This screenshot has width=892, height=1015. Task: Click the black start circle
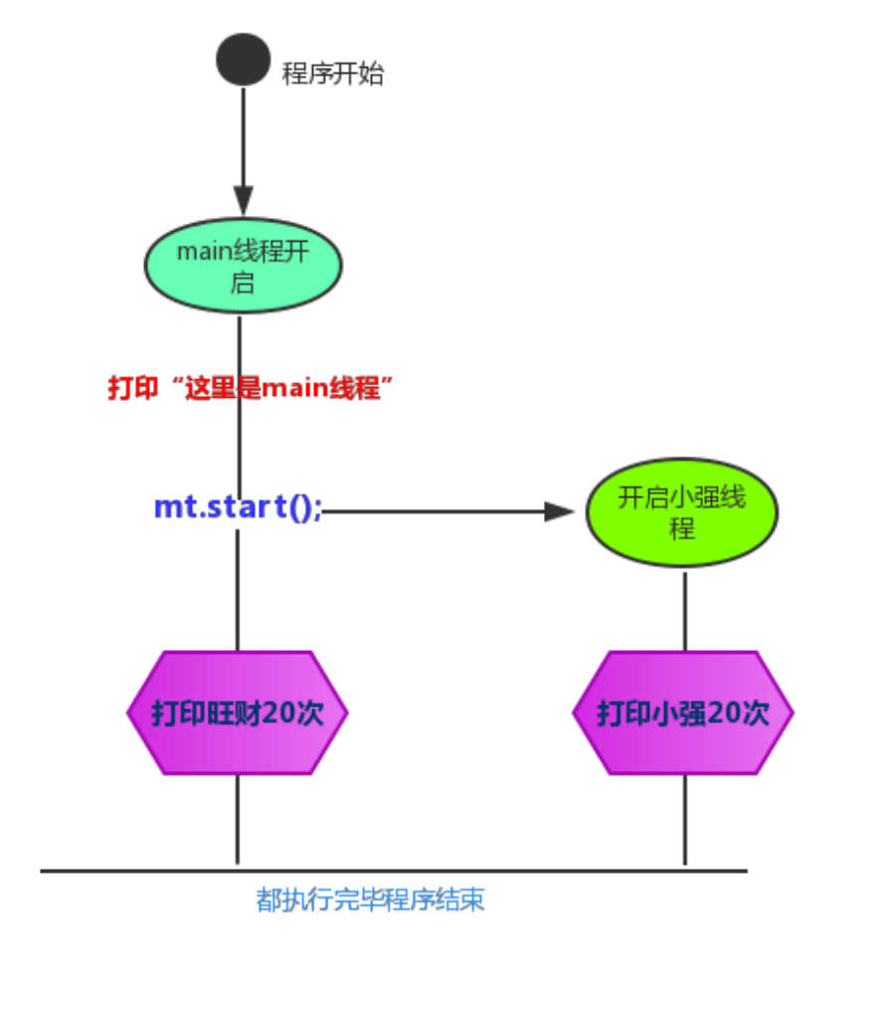[x=243, y=60]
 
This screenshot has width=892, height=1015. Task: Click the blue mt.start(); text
[x=238, y=507]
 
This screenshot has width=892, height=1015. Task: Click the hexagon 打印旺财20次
[x=237, y=712]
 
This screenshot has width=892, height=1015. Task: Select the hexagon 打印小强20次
[x=682, y=712]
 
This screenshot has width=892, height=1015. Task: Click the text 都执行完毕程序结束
[x=370, y=901]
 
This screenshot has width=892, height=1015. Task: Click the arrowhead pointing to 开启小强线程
[x=559, y=512]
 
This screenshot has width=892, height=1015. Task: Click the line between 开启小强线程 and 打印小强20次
[x=684, y=610]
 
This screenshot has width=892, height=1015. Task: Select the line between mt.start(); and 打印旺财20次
[x=237, y=589]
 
